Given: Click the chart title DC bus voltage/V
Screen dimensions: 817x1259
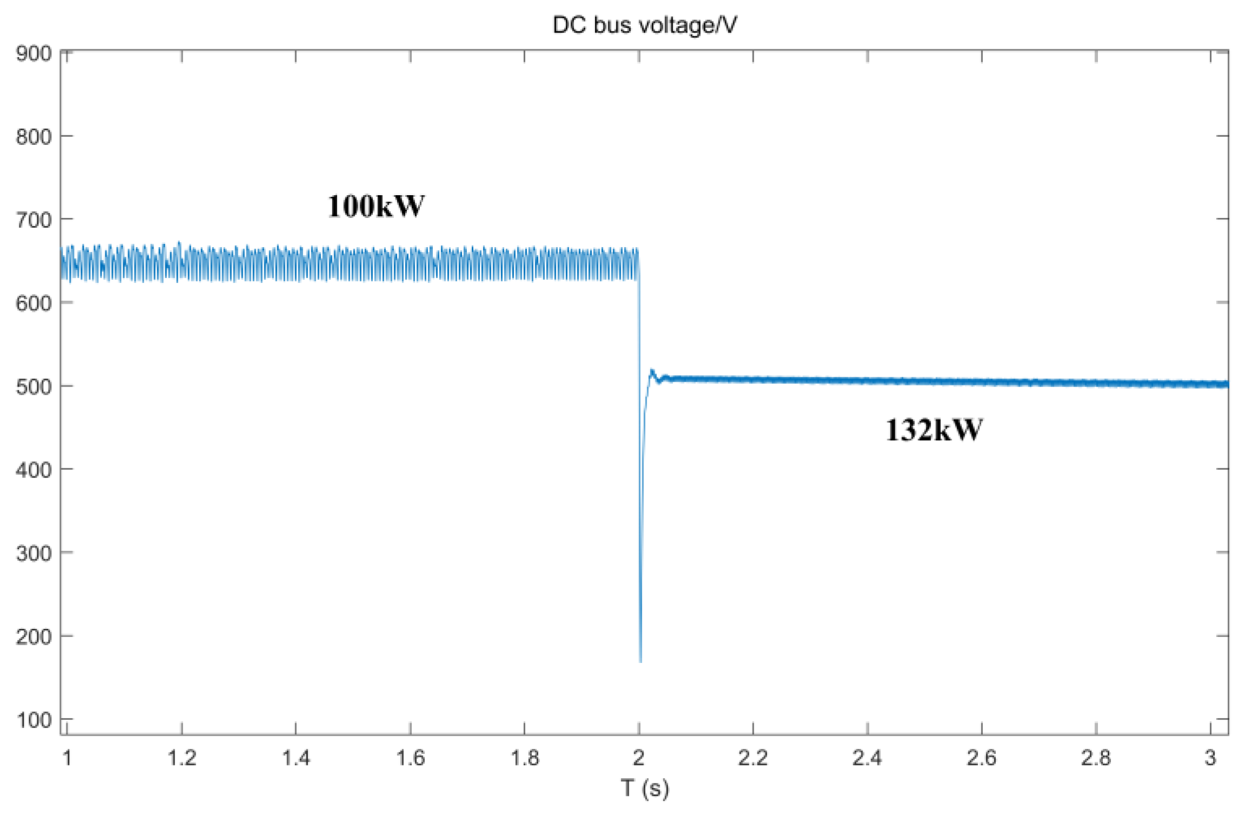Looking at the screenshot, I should coord(644,25).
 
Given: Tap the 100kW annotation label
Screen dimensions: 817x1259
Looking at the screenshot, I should coord(376,206).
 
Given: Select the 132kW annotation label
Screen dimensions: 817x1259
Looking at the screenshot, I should coord(934,430).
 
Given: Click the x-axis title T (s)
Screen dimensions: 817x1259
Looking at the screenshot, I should coord(644,788).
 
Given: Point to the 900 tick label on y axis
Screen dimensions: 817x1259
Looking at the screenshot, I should coord(34,54).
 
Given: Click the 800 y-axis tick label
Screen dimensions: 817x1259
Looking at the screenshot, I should coord(34,137).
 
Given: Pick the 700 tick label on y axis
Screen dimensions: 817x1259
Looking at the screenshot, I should coord(34,220).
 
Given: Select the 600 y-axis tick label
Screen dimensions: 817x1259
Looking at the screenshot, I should coord(34,303).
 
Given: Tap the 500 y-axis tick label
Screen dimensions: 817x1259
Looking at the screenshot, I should coord(34,387).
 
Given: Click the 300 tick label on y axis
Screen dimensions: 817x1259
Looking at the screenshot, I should coord(34,553).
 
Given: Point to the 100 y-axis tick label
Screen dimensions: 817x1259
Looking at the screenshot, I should coord(34,720).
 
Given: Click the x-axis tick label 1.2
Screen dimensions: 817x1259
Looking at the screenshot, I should coord(182,758).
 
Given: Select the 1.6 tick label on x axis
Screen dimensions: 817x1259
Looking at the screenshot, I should coord(410,758).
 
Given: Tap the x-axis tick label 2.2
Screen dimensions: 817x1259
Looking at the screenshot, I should coord(753,758).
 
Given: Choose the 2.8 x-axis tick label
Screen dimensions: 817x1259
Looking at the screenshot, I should coord(1095,758).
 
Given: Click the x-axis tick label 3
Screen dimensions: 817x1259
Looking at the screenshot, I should coord(1210,758).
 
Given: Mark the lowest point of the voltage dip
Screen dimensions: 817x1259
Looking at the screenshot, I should coord(640,661).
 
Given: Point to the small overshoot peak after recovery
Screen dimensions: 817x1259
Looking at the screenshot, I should coord(652,371).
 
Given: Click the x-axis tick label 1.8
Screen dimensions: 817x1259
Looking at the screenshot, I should coord(524,758).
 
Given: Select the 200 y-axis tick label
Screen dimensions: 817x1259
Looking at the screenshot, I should coord(34,636).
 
